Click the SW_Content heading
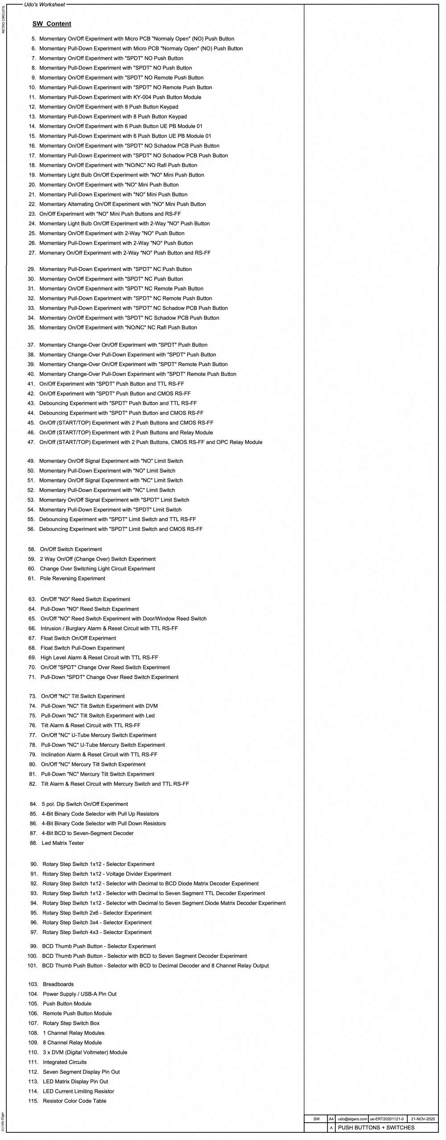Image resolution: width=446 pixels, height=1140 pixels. click(52, 24)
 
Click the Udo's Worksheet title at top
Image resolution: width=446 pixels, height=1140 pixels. click(45, 4)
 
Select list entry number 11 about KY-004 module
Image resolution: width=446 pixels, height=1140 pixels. click(120, 97)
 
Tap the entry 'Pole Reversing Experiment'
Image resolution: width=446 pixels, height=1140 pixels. click(72, 579)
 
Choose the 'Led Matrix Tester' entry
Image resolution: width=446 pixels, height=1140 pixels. click(62, 843)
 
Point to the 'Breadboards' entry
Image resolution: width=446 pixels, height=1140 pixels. click(58, 984)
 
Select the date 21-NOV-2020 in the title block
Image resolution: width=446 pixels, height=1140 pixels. click(422, 1119)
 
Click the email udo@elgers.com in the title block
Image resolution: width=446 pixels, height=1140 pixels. click(352, 1119)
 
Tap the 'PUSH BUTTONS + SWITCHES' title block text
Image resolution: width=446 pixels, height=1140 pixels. click(376, 1128)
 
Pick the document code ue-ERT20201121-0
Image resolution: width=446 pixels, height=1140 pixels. click(387, 1119)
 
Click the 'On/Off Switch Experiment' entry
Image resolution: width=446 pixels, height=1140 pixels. click(71, 549)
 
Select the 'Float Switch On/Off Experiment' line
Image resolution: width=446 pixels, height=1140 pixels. click(78, 638)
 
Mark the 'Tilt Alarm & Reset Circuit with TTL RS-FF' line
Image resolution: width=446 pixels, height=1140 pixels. click(91, 725)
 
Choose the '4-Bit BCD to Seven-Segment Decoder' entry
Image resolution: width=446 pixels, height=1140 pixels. click(87, 833)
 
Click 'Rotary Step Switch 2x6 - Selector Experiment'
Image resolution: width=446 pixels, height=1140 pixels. click(97, 913)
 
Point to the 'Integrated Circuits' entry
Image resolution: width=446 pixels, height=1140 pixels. click(65, 1062)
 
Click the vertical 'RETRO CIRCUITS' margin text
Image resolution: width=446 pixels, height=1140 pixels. click(4, 20)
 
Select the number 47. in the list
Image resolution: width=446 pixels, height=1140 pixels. click(31, 442)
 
